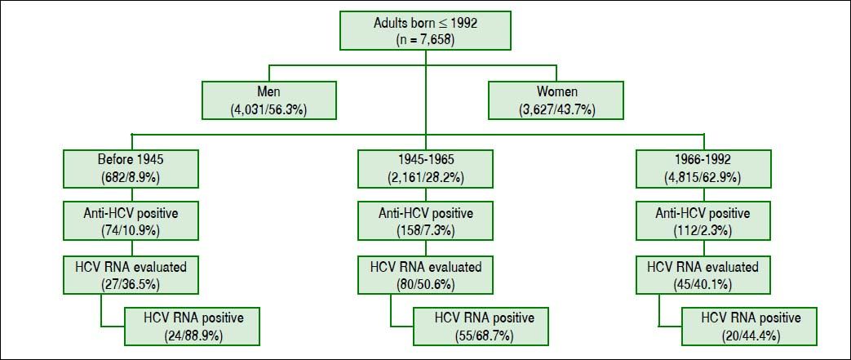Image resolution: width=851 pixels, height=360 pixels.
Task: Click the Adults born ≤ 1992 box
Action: [x=426, y=31]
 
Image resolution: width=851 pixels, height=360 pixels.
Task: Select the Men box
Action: [x=268, y=100]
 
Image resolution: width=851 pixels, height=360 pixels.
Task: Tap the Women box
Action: [x=555, y=100]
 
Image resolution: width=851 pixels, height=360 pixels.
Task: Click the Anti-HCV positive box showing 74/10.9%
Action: [x=131, y=222]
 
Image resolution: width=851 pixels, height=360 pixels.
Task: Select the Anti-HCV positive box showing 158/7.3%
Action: [x=425, y=222]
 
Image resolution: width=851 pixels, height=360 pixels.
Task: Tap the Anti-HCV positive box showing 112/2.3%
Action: [x=703, y=222]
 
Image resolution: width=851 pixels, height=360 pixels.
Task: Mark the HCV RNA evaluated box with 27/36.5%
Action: [x=131, y=275]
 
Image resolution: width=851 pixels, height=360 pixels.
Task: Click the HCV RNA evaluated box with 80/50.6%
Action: [x=425, y=275]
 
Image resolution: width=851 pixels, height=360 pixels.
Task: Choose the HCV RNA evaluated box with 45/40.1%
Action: [x=703, y=275]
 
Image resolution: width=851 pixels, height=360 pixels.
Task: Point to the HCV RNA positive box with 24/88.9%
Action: [x=192, y=327]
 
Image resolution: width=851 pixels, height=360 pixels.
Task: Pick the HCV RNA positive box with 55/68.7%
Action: [x=481, y=327]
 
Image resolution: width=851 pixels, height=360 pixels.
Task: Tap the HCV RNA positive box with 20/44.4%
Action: [x=749, y=327]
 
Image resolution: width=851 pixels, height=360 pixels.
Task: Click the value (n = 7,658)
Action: [x=426, y=39]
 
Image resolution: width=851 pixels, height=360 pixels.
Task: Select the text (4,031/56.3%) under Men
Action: [x=268, y=109]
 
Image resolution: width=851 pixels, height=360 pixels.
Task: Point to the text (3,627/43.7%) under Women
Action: [x=555, y=109]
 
